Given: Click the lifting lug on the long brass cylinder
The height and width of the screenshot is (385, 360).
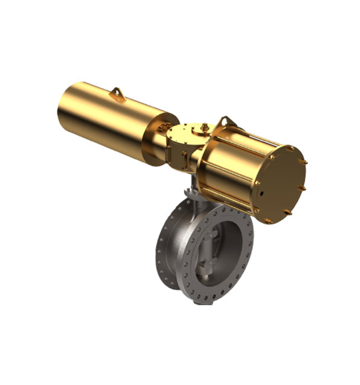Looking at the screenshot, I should (x=117, y=93).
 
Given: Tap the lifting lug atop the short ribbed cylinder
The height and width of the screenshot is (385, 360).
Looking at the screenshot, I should (x=224, y=122).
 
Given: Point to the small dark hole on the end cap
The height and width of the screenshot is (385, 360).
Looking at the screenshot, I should (x=261, y=194).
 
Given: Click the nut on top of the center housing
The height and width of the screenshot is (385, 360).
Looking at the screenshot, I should (x=203, y=127).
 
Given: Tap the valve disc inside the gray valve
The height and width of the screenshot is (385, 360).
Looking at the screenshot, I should (x=209, y=248).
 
